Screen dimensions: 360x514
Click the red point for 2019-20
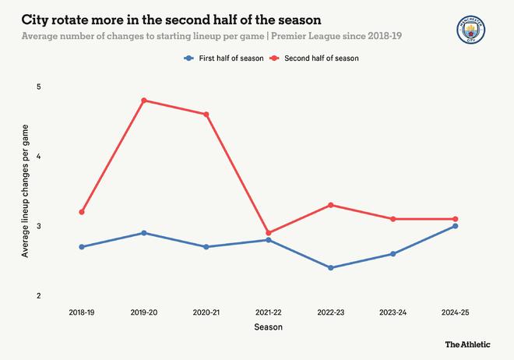[144, 101]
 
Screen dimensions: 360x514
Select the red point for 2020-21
[206, 115]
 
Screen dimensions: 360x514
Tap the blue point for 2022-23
[331, 268]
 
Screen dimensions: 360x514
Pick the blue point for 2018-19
[82, 247]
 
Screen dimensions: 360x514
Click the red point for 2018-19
[82, 212]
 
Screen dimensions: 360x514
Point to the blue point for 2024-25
[456, 226]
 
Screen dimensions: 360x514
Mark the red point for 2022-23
[331, 205]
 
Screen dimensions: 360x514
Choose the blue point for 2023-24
[393, 254]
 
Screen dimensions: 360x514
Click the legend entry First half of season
[223, 58]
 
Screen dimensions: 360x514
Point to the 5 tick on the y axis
[38, 86]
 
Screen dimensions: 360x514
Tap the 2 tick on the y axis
[38, 296]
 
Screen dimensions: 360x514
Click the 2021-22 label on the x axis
[269, 312]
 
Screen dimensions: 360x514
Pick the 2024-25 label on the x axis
[456, 312]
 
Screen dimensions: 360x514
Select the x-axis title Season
[269, 327]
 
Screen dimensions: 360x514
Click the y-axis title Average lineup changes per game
[25, 191]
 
